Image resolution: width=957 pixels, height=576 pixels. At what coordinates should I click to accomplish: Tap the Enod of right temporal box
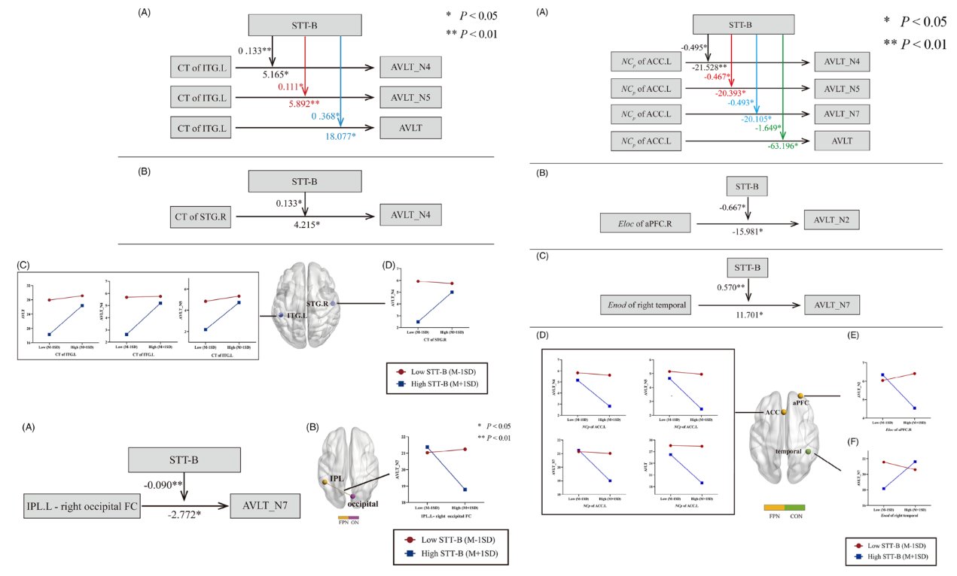pyautogui.click(x=645, y=305)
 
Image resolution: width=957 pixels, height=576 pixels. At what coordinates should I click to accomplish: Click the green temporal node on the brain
pyautogui.click(x=809, y=453)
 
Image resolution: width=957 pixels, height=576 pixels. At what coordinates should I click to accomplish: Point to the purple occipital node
pyautogui.click(x=352, y=497)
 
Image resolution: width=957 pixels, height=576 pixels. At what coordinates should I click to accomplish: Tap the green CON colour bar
pyautogui.click(x=795, y=509)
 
